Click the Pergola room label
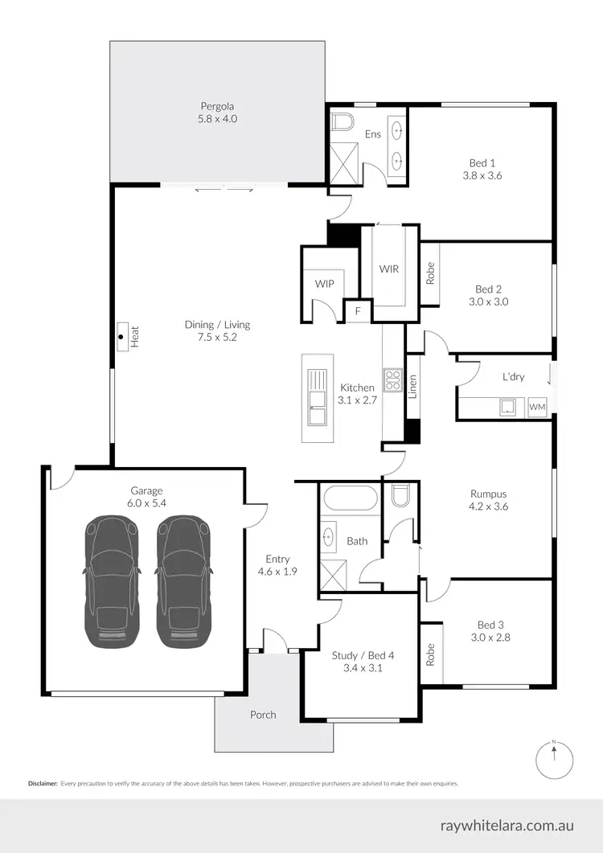(x=218, y=105)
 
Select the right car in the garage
(x=184, y=580)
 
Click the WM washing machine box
(x=537, y=408)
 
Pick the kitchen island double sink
(x=318, y=398)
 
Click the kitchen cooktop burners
(x=392, y=379)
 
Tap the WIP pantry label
(x=324, y=284)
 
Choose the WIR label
(x=389, y=269)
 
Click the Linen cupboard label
(x=412, y=388)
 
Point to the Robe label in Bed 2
(x=430, y=273)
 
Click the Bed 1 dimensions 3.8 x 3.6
(x=482, y=174)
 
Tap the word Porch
(x=263, y=714)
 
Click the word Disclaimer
(x=42, y=782)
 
